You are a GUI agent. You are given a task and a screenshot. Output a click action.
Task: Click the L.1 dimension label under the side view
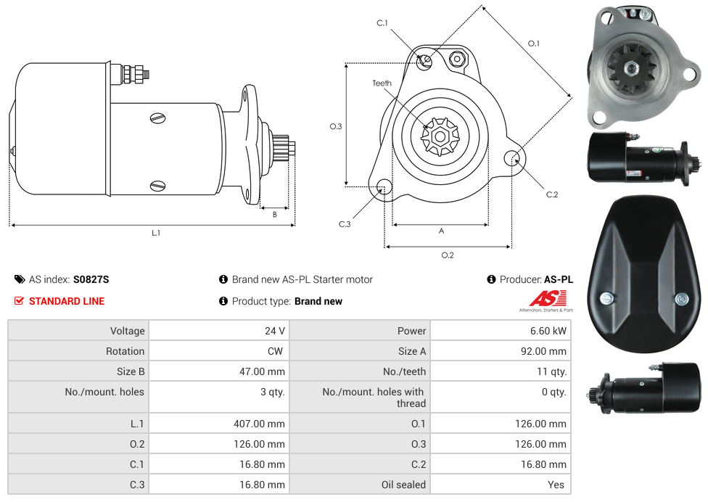pyautogui.click(x=156, y=233)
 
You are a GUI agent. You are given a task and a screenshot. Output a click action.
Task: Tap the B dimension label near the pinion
pyautogui.click(x=274, y=215)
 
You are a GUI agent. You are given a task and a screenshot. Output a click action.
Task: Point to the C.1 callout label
pyautogui.click(x=382, y=23)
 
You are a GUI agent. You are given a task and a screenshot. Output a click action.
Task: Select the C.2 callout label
pyautogui.click(x=552, y=194)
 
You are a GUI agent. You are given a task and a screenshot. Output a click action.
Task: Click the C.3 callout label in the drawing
pyautogui.click(x=345, y=224)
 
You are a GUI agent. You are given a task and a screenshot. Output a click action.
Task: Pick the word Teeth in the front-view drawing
pyautogui.click(x=382, y=83)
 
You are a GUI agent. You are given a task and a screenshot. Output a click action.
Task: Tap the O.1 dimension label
pyautogui.click(x=534, y=44)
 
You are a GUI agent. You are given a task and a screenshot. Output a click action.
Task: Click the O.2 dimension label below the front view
pyautogui.click(x=448, y=255)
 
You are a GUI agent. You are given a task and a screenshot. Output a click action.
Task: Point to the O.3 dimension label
pyautogui.click(x=335, y=126)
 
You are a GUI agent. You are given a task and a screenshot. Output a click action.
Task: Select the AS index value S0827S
pyautogui.click(x=91, y=279)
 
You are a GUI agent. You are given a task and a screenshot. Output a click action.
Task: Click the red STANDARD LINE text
pyautogui.click(x=67, y=301)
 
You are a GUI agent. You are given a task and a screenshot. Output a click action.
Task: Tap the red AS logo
pyautogui.click(x=548, y=298)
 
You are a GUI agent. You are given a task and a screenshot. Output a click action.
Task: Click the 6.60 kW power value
pyautogui.click(x=548, y=331)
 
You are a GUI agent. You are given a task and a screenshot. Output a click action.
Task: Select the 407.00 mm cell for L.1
pyautogui.click(x=259, y=424)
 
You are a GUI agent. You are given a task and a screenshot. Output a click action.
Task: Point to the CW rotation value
pyautogui.click(x=275, y=351)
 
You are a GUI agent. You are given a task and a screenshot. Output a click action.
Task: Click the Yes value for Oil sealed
pyautogui.click(x=556, y=485)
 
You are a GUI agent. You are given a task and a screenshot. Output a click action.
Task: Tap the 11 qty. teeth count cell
pyautogui.click(x=552, y=371)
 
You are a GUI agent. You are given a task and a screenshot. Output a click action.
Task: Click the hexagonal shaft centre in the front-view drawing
pyautogui.click(x=440, y=136)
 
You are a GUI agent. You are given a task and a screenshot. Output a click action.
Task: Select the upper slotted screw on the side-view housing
pyautogui.click(x=157, y=118)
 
